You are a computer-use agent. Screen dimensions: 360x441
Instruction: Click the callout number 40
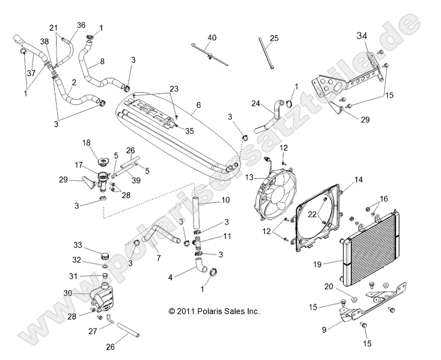(x=212, y=38)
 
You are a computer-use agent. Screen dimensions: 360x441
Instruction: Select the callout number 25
(x=274, y=38)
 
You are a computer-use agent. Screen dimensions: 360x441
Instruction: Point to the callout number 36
(x=81, y=25)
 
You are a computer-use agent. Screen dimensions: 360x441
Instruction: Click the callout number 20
(x=344, y=286)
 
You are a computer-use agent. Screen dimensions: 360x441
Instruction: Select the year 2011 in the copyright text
(x=185, y=311)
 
